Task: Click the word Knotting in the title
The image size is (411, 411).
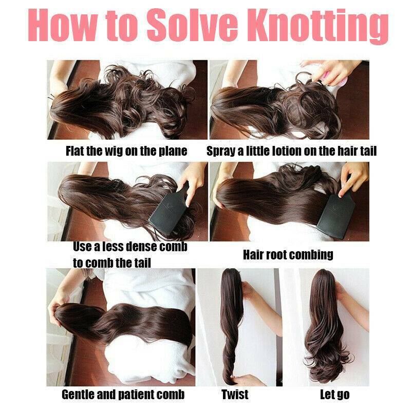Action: click(321, 26)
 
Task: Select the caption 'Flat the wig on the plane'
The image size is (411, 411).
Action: click(126, 151)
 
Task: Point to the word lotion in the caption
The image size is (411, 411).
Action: click(288, 151)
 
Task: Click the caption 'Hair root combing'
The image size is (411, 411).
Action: click(288, 254)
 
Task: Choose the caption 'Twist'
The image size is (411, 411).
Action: click(235, 394)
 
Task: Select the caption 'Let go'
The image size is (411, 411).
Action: click(335, 395)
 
